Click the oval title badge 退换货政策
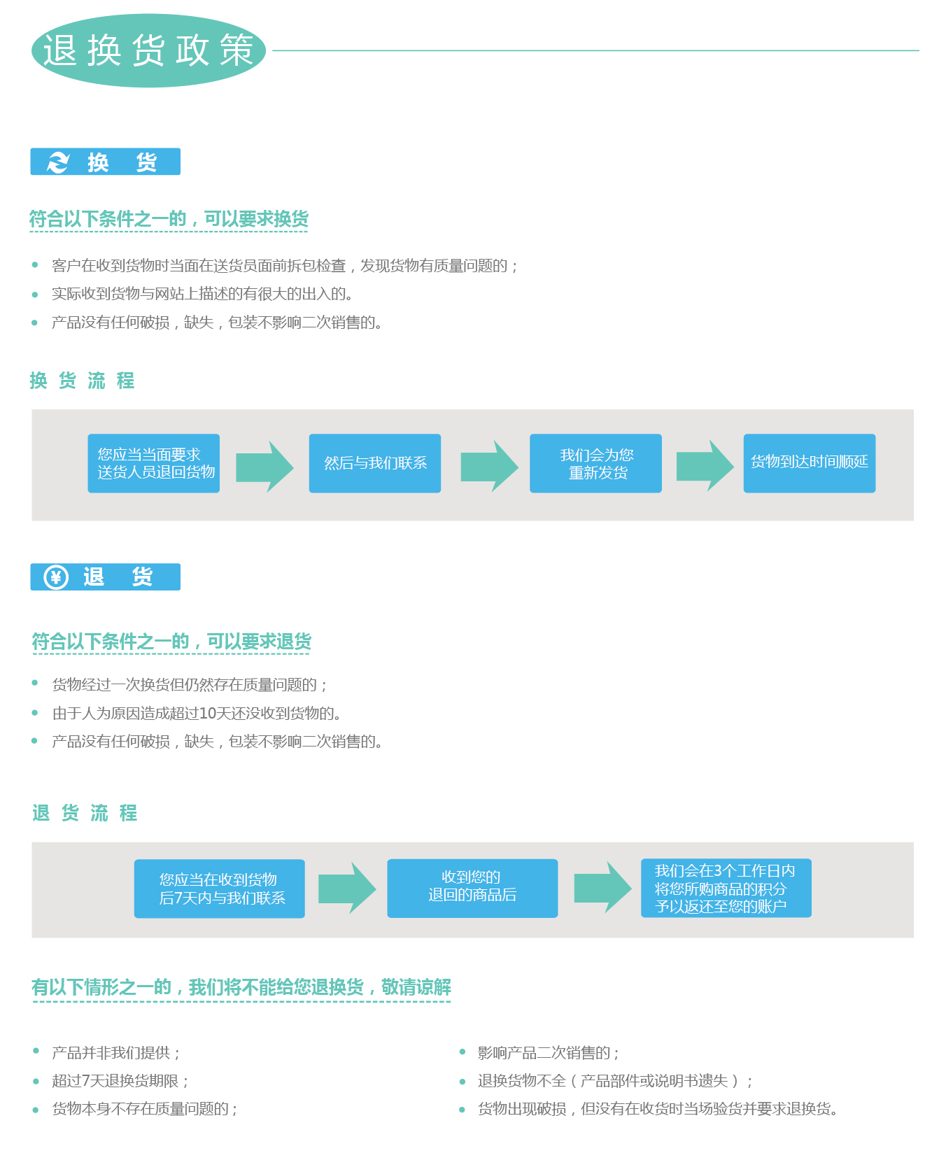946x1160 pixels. (x=148, y=50)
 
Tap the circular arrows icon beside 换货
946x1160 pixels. (x=58, y=162)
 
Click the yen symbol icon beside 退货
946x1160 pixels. (x=56, y=577)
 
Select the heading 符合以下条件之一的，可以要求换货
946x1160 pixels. (x=169, y=219)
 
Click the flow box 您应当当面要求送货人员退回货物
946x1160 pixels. (x=153, y=463)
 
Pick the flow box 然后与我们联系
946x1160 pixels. (x=375, y=463)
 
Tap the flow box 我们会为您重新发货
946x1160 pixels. (x=595, y=463)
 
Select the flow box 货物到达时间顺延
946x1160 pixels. (x=810, y=463)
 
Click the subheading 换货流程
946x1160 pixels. (x=83, y=381)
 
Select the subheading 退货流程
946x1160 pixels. (x=85, y=813)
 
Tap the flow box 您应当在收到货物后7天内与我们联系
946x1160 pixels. (x=220, y=889)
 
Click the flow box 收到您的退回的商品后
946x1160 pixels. (x=472, y=889)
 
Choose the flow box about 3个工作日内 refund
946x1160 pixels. (x=726, y=888)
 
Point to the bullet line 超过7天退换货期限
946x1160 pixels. (x=120, y=1081)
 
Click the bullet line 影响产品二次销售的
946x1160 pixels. (x=549, y=1053)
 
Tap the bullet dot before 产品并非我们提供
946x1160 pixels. (x=36, y=1051)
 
